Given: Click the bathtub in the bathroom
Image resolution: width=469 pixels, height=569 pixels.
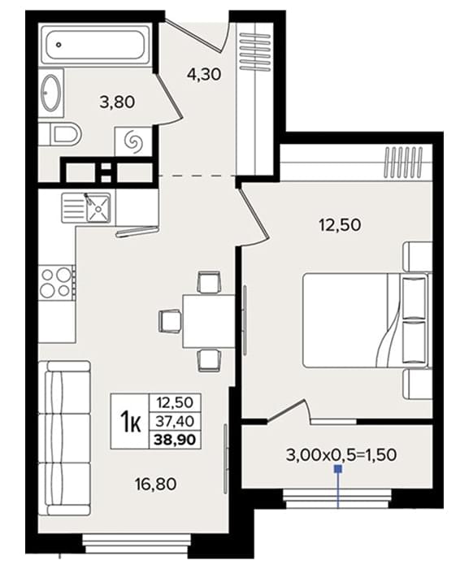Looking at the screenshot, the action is [95, 45].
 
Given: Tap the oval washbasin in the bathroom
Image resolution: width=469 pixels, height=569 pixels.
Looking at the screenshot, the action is [51, 93].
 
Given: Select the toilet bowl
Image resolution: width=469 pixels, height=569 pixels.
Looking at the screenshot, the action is [61, 135].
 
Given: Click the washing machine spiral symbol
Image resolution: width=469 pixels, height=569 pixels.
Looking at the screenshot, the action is [132, 141].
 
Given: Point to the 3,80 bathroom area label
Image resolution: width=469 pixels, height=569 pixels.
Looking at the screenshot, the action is [117, 102].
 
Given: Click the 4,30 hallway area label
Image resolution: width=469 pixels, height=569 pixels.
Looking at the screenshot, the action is [204, 75].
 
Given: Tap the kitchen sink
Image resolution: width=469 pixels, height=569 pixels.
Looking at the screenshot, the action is [86, 207].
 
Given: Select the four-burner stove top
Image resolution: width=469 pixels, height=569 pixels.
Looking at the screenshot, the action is [56, 282].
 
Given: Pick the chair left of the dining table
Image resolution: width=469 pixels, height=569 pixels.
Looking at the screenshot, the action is [170, 321].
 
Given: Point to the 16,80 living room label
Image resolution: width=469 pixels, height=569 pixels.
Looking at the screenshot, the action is [155, 484].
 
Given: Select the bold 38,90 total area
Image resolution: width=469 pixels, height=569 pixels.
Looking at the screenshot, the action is [175, 440].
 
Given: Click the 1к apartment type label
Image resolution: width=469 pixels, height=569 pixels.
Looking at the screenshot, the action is [130, 421].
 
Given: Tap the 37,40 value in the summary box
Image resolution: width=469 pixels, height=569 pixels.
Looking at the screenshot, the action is [175, 421].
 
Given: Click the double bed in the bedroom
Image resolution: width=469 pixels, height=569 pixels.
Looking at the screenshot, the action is [366, 320].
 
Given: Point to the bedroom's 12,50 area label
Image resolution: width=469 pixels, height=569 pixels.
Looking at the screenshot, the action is [340, 225].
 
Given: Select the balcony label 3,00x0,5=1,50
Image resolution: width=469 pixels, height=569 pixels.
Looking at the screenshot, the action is [341, 454].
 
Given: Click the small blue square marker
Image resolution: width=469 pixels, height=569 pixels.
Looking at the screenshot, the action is [338, 469].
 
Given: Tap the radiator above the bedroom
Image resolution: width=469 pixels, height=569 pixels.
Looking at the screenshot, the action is [403, 162].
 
